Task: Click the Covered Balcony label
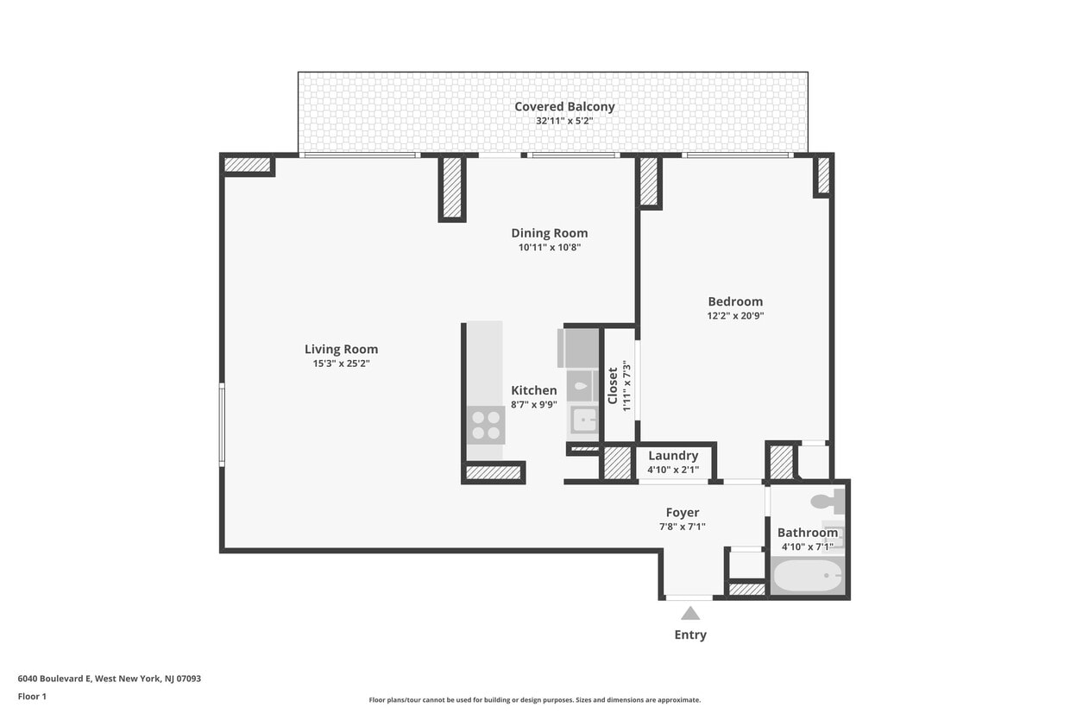(564, 107)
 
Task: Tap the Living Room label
(341, 350)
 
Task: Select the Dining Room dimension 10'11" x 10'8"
(549, 248)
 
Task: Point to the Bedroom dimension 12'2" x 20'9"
(735, 316)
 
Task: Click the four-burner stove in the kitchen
(486, 425)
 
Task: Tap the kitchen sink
(584, 420)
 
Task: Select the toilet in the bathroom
(827, 500)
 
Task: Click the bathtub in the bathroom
(807, 576)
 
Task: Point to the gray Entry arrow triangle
(690, 613)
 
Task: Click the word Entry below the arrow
(690, 635)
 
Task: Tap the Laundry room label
(673, 456)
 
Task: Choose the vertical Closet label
(614, 385)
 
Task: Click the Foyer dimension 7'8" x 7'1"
(682, 527)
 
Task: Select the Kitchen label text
(533, 390)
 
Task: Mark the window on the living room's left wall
(222, 425)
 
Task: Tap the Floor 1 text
(32, 696)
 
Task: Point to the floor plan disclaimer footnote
(534, 700)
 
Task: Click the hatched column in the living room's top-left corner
(248, 164)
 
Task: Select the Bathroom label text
(807, 533)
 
